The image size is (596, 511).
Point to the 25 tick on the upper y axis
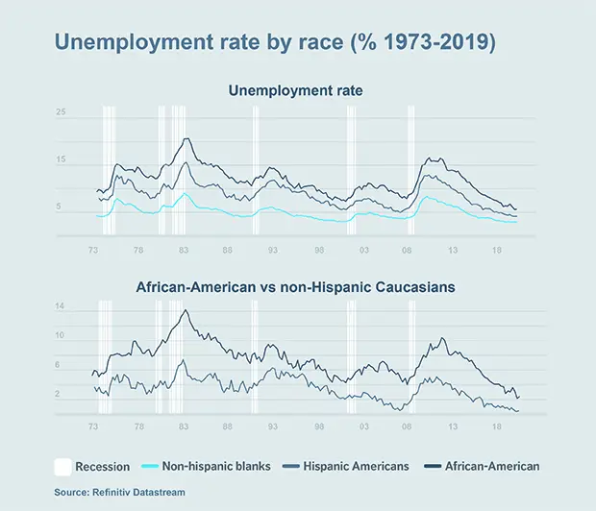point(60,113)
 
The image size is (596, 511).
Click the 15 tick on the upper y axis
point(60,160)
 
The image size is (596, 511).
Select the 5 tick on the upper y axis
point(60,207)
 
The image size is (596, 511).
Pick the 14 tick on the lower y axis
point(60,306)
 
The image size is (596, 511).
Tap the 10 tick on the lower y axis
point(60,336)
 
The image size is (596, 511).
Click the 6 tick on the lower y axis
point(60,365)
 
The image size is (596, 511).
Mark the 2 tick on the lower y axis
point(60,394)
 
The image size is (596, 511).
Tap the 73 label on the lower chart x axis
point(93,426)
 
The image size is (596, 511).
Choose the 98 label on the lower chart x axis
point(318,426)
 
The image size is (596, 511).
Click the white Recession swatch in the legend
point(63,467)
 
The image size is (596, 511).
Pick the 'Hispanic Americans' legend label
point(356,467)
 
